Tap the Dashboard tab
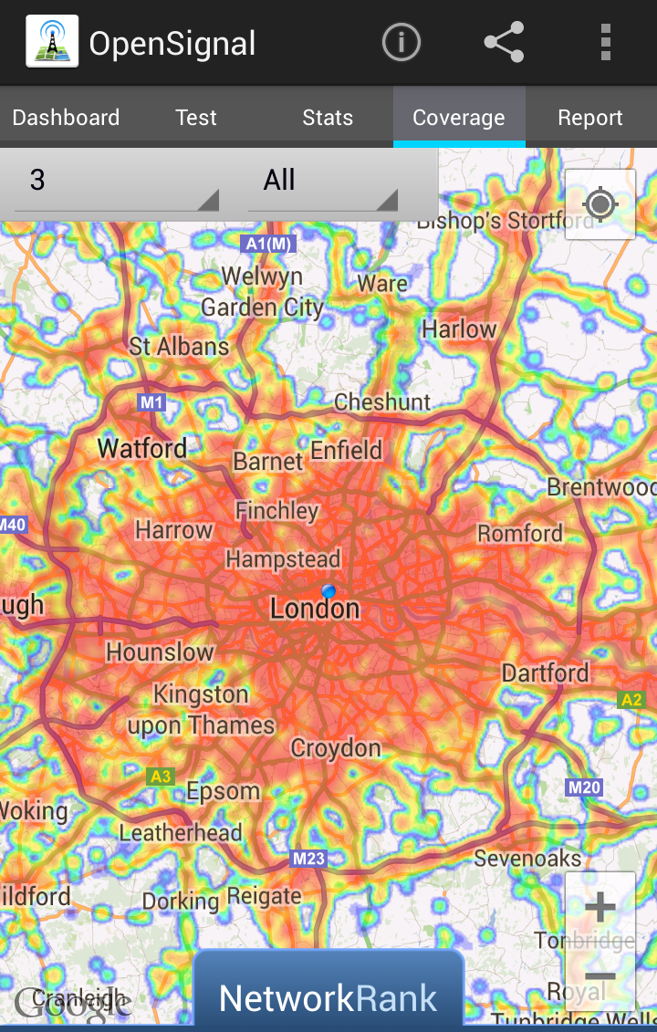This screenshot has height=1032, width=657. point(66,118)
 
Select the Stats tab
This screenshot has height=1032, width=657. point(328,118)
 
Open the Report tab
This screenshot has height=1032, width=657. point(590,118)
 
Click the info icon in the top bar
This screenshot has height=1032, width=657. point(401,43)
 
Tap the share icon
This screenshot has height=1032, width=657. point(504,43)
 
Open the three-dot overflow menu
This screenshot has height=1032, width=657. point(605,43)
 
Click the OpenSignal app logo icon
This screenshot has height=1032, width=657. point(51,43)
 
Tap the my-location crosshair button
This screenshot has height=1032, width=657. point(600,204)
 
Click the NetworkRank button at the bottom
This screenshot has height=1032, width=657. point(328,998)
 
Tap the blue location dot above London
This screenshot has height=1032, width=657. point(328,591)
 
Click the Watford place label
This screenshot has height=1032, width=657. point(142,448)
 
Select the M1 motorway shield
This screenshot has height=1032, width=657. point(151,402)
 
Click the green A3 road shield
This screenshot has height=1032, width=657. point(160,777)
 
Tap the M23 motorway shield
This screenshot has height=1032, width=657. point(308,859)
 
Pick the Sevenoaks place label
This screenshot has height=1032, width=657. point(527,858)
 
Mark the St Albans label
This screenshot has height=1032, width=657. point(179,347)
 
